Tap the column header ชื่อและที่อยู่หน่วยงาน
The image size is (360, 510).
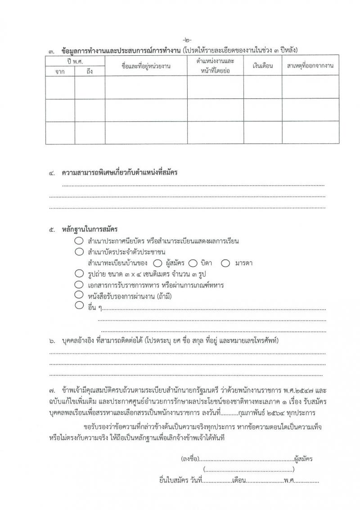click(x=146, y=66)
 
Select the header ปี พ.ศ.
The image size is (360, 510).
click(x=75, y=61)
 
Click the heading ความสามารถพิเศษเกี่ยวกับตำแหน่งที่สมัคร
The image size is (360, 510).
click(x=119, y=173)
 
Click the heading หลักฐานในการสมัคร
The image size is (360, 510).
click(x=90, y=230)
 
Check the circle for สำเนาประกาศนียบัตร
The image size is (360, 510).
click(x=79, y=241)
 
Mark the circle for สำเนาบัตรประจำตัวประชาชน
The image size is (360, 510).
click(x=79, y=252)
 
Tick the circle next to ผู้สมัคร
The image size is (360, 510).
click(x=157, y=263)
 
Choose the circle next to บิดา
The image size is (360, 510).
click(x=193, y=263)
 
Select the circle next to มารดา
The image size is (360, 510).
click(x=225, y=263)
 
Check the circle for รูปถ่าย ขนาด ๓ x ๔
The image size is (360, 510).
click(x=79, y=273)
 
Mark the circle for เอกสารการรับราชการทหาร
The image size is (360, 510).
click(x=79, y=285)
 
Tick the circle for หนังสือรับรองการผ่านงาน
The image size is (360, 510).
click(x=79, y=295)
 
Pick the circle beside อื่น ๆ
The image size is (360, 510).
click(x=79, y=306)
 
